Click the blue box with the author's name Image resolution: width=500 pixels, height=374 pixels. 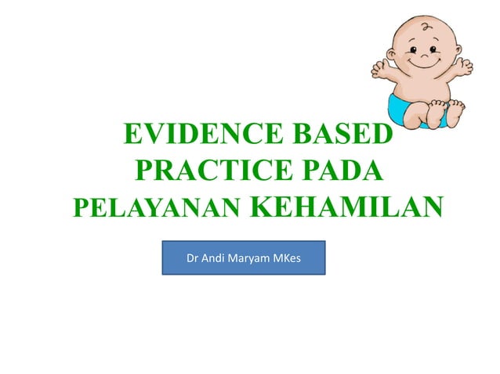pos(243,257)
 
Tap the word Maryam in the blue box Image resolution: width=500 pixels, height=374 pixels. pos(247,257)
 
